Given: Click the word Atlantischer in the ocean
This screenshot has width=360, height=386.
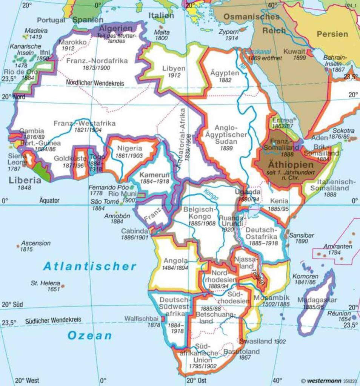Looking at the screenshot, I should (89, 267).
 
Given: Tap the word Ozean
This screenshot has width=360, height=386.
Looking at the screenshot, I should (90, 335).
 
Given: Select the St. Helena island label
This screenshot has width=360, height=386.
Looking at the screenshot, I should (45, 283).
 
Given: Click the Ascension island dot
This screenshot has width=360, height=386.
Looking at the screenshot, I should (18, 246).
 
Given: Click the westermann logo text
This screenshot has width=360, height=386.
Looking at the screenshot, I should (321, 381).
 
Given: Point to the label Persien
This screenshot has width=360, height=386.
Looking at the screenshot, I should (332, 34).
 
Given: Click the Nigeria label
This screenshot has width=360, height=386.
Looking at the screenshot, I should (129, 148).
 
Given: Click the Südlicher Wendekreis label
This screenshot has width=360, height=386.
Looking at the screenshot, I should (53, 320).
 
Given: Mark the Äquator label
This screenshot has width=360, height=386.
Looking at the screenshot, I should (49, 201).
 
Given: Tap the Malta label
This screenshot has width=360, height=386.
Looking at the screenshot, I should (162, 32).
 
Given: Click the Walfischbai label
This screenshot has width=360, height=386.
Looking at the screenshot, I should (141, 318).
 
